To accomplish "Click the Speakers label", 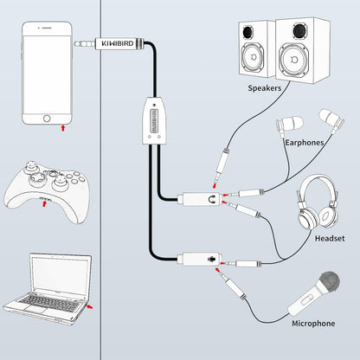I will click(264, 87).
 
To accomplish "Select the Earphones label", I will click(303, 143).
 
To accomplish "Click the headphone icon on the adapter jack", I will click(212, 200).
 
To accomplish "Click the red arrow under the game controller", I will click(46, 202).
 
